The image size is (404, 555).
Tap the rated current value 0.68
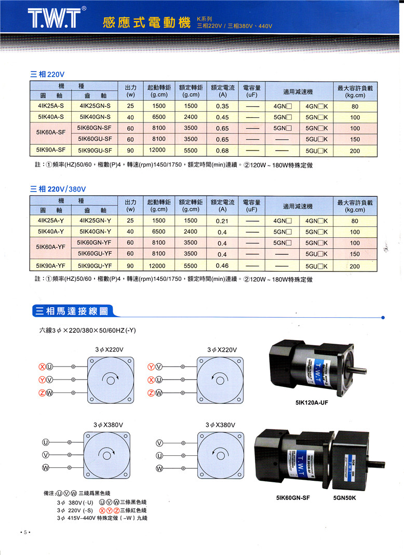click(x=222, y=151)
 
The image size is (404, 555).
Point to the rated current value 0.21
click(x=222, y=221)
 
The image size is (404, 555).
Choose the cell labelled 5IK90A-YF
click(x=51, y=265)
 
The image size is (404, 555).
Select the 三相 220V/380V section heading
click(x=58, y=189)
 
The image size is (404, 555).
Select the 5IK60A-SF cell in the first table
click(x=51, y=133)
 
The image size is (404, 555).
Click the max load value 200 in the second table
click(x=355, y=266)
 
